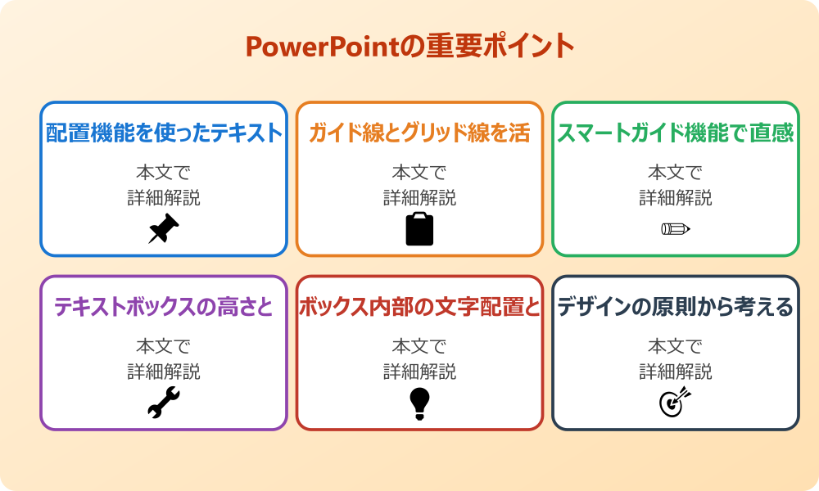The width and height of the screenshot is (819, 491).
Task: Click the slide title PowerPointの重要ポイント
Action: pos(409,47)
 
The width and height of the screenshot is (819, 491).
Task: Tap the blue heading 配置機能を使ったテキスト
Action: pos(164,133)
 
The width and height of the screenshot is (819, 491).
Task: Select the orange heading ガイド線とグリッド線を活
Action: pos(419,133)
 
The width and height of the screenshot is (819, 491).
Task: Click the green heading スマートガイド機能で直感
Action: pos(676,133)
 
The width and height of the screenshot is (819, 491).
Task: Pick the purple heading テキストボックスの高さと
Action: pos(164,307)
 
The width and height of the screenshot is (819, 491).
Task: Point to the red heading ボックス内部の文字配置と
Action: pos(419,307)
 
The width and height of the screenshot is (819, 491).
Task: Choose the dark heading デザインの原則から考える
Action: pos(676,307)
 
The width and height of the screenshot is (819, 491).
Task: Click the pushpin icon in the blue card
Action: pos(164,229)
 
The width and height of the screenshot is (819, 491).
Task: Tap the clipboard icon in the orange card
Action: pos(419,229)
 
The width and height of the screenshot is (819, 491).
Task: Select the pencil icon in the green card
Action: pos(676,228)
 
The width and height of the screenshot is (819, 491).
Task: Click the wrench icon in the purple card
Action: pos(164,403)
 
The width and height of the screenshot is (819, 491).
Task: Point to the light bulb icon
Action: pos(419,403)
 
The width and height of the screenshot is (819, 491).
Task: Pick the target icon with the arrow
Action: pos(676,403)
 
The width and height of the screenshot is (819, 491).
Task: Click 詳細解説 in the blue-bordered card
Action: pos(164,197)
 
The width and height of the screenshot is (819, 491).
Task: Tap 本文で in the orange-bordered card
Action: pos(419,173)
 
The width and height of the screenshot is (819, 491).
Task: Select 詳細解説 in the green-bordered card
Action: pos(676,197)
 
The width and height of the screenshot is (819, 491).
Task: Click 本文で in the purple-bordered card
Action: pos(164,347)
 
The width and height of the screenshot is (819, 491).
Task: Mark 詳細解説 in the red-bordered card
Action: pos(419,372)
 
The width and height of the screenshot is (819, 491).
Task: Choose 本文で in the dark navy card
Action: pos(676,347)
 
